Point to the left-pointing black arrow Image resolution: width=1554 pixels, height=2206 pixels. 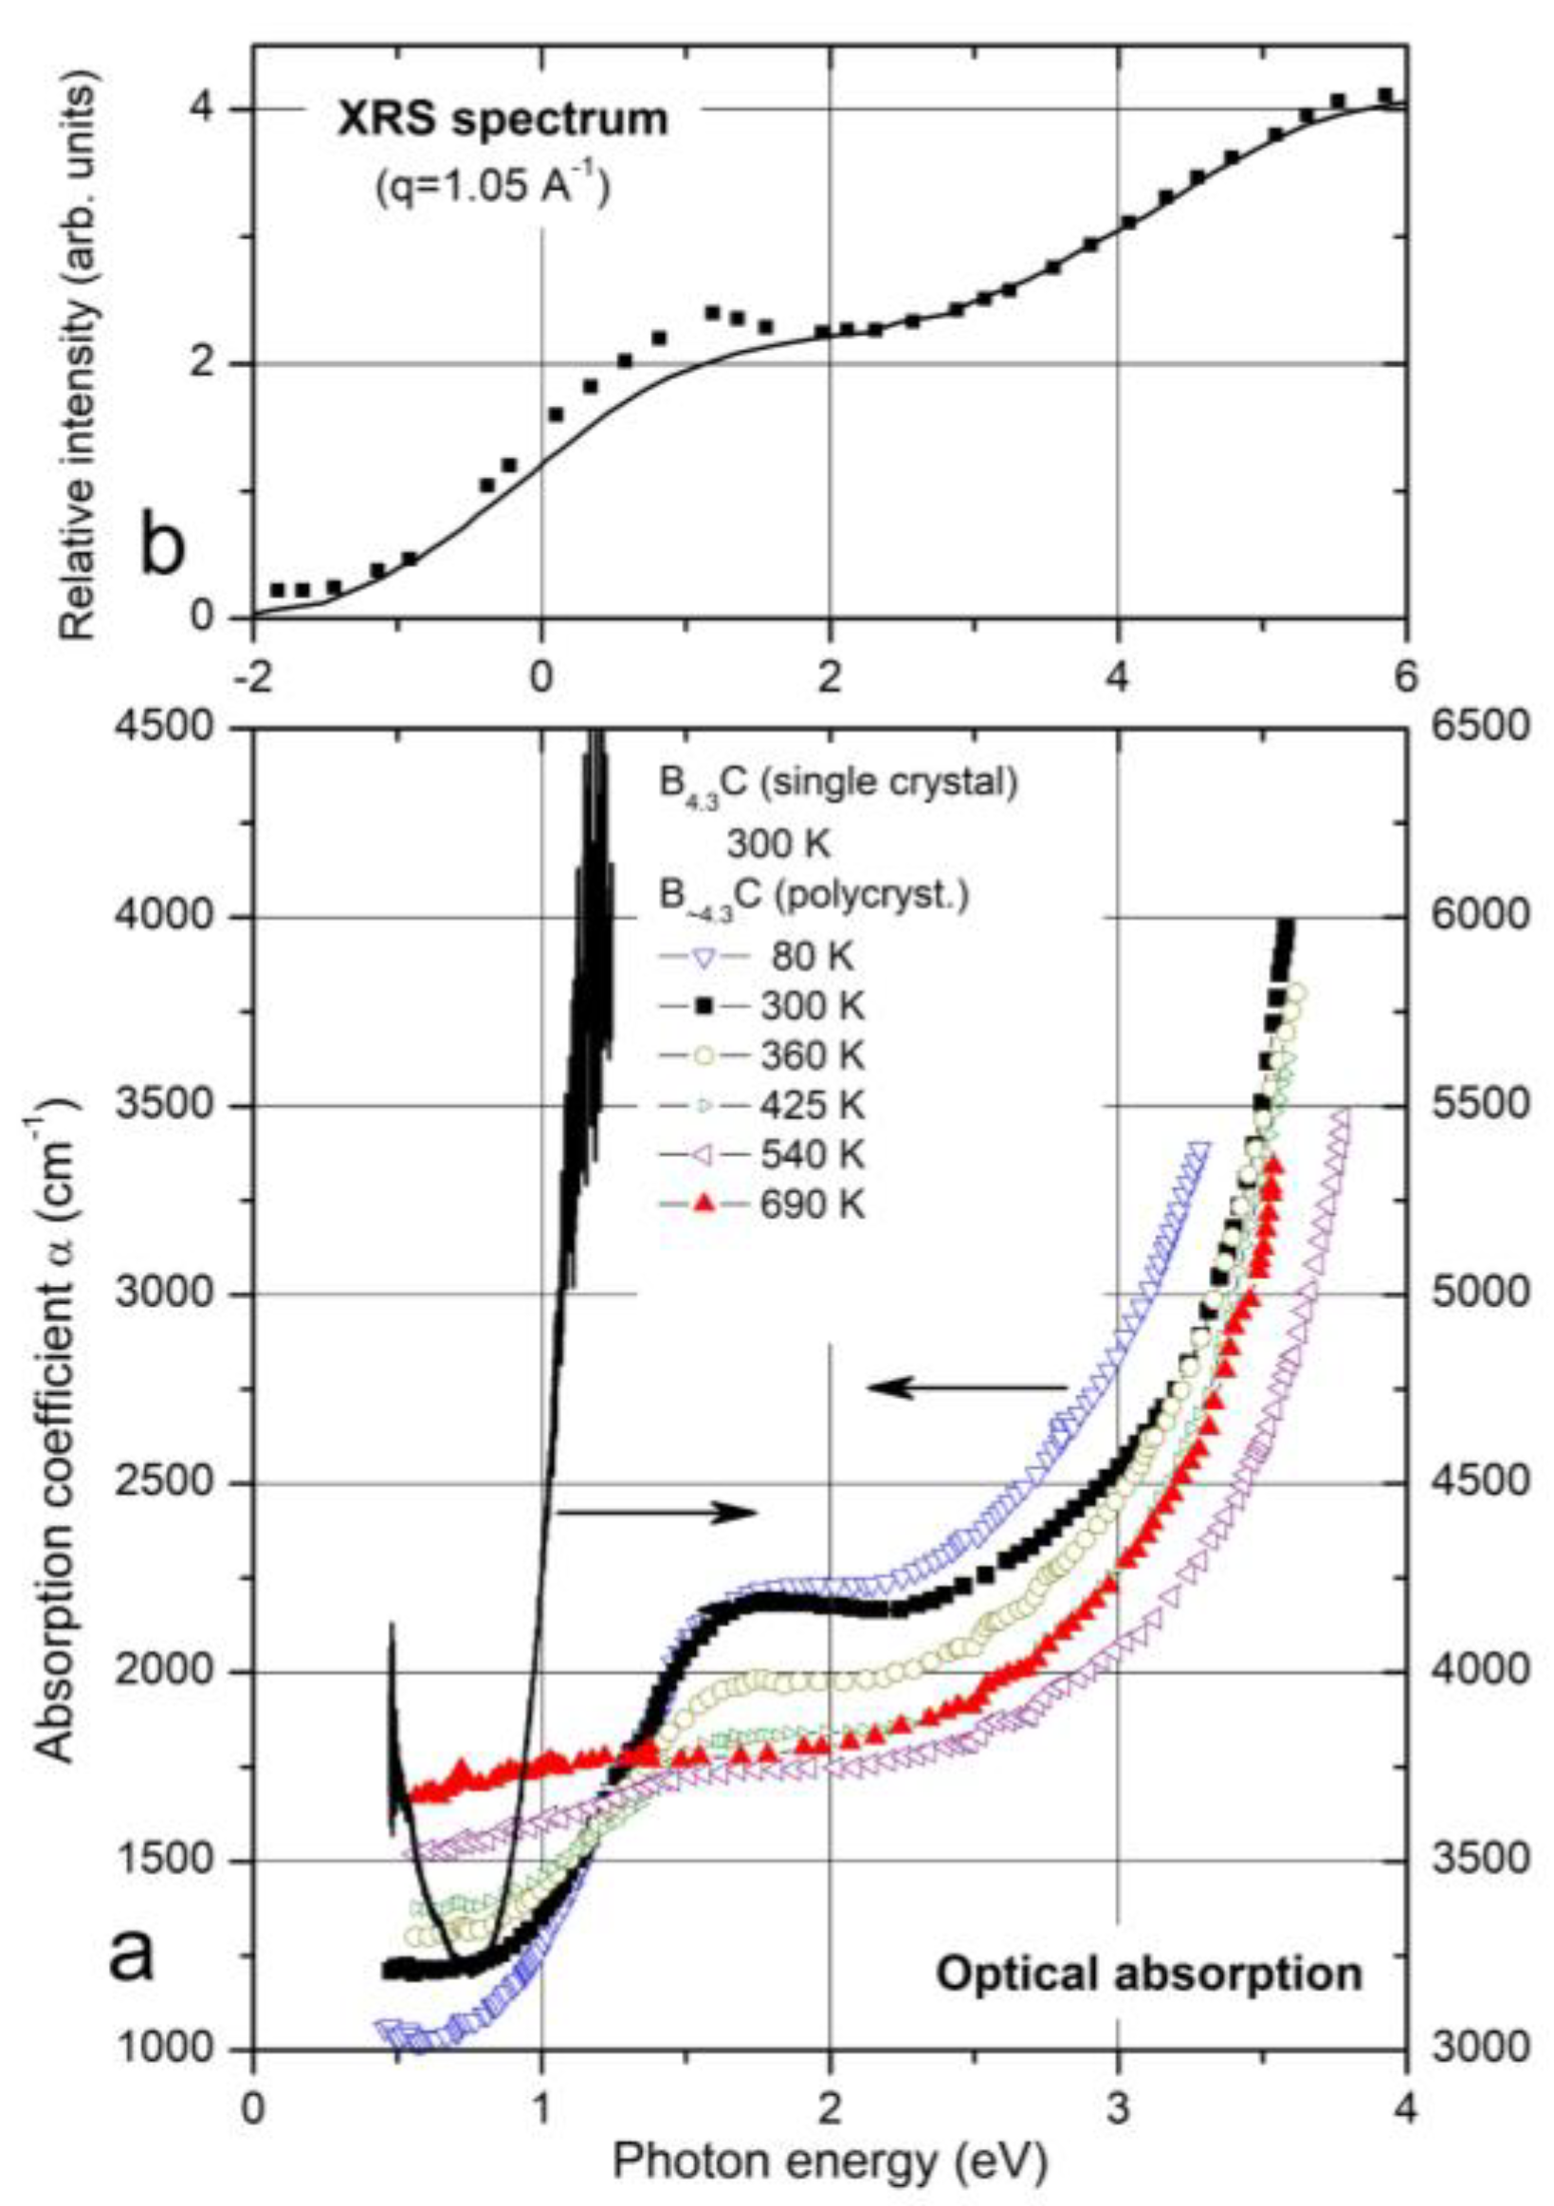click(966, 1387)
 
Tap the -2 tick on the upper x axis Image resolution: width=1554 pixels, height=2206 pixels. click(251, 675)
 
